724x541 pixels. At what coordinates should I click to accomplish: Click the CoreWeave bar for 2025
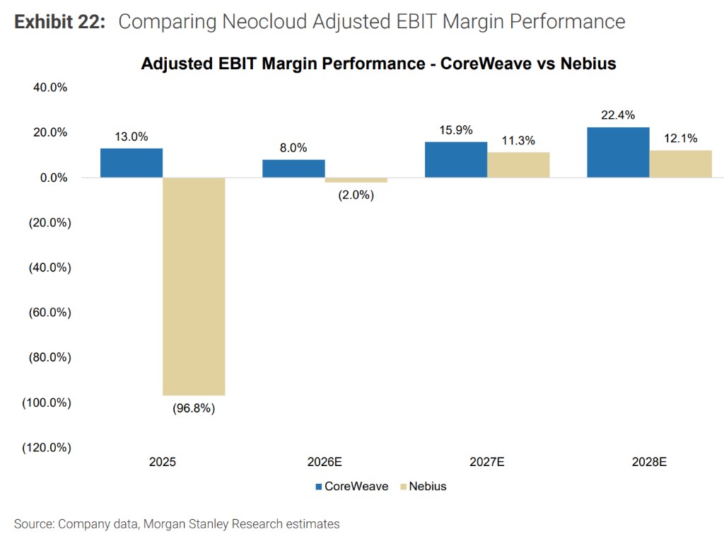click(x=132, y=163)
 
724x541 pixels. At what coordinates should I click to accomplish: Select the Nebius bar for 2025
click(x=194, y=286)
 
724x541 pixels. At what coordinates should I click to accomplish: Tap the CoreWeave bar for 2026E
click(x=293, y=168)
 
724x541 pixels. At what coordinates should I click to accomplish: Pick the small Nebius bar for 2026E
click(x=356, y=180)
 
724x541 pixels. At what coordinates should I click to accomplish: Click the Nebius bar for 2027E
click(x=518, y=165)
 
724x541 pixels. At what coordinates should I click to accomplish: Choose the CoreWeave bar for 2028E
click(x=618, y=152)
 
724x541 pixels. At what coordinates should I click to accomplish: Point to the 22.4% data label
click(x=618, y=115)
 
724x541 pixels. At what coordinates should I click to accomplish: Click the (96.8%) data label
click(x=194, y=409)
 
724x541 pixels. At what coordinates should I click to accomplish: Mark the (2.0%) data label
click(x=356, y=194)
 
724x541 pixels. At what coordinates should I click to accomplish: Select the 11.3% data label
click(x=518, y=141)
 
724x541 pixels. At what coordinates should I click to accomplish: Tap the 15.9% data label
click(x=455, y=130)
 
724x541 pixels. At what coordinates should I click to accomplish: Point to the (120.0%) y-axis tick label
click(x=46, y=448)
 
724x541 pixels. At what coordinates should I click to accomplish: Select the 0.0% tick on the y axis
click(x=53, y=178)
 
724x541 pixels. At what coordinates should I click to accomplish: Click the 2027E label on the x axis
click(x=487, y=463)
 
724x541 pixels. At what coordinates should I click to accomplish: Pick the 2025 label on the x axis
click(x=163, y=463)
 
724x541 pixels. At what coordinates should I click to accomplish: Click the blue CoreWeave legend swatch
click(x=318, y=487)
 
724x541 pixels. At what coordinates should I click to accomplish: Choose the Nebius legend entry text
click(x=428, y=487)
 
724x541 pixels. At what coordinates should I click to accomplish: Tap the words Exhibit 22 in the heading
click(x=60, y=22)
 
